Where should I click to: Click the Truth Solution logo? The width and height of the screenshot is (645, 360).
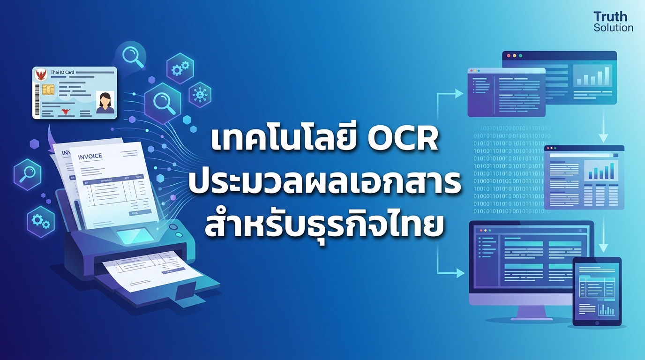613,22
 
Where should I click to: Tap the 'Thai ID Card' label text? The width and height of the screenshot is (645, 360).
62,72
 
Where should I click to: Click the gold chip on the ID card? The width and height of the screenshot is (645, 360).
47,90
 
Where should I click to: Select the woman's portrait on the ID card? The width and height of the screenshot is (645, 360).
105,103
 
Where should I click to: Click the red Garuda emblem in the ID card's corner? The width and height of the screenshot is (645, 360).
41,75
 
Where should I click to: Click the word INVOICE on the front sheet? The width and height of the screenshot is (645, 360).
90,156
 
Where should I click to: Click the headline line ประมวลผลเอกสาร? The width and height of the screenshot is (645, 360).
324,184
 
